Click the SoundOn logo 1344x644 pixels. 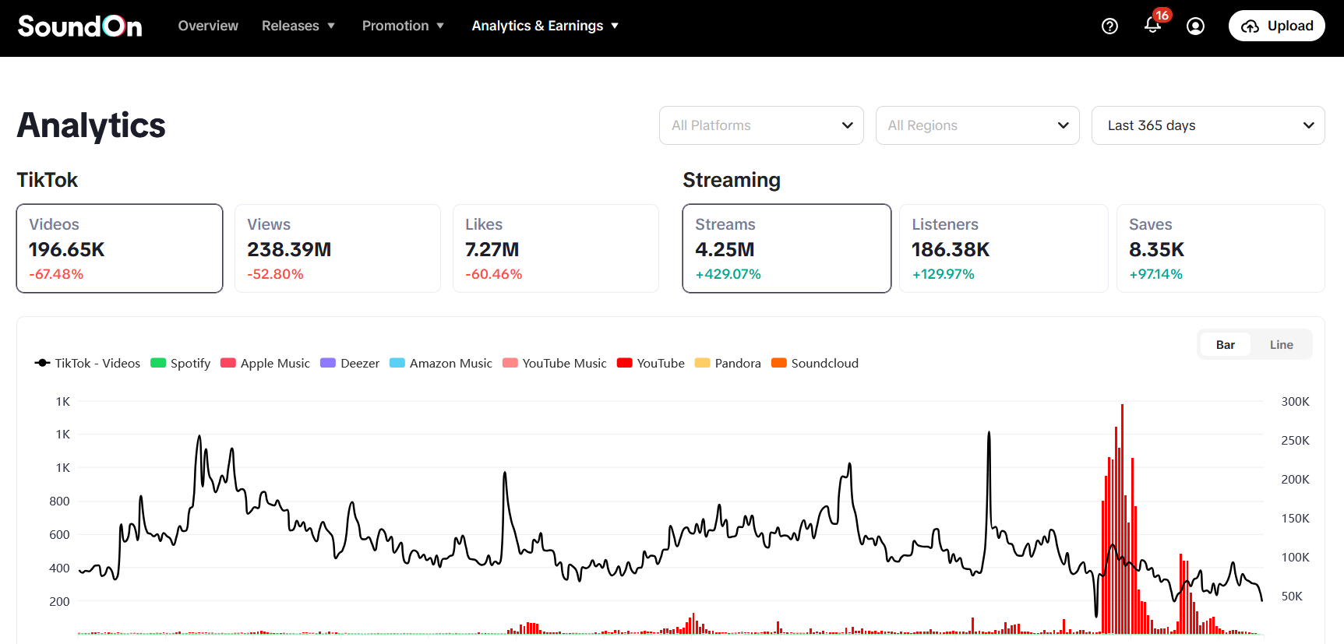click(x=80, y=26)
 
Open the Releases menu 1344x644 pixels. click(x=298, y=26)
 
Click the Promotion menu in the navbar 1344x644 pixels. click(x=403, y=26)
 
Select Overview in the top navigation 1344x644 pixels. click(x=208, y=26)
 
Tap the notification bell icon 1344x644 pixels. click(x=1152, y=26)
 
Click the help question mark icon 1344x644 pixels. click(x=1109, y=26)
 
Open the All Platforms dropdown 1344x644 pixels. click(x=761, y=125)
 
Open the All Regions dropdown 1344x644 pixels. click(x=977, y=125)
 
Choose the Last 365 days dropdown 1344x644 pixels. click(x=1208, y=125)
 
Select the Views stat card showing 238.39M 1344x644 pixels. click(x=337, y=248)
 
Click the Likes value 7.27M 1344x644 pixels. click(x=492, y=250)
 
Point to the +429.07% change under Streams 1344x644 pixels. click(x=728, y=274)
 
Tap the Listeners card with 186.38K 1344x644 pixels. click(x=1004, y=248)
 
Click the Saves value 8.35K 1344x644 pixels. click(x=1156, y=250)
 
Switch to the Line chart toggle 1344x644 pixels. click(x=1281, y=345)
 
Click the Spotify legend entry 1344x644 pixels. click(x=181, y=363)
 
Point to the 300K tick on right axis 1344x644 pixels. click(x=1295, y=402)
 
